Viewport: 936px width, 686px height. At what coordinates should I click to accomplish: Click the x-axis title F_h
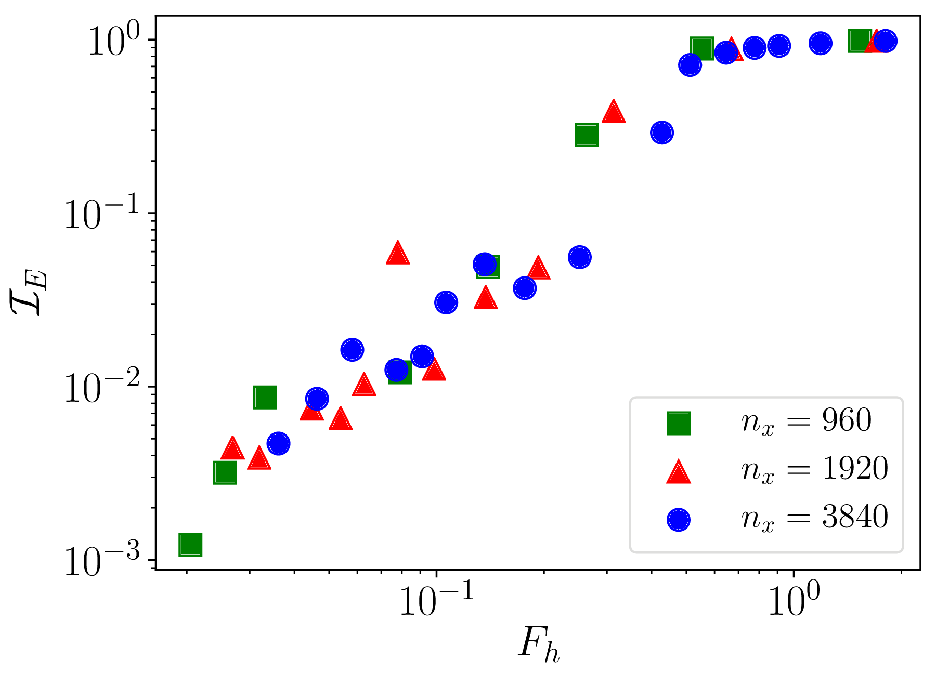(x=539, y=645)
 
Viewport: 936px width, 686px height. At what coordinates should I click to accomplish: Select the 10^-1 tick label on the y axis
(x=102, y=214)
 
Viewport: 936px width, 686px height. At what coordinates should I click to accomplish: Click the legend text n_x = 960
(x=806, y=421)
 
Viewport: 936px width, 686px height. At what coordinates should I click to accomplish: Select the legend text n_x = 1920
(x=814, y=469)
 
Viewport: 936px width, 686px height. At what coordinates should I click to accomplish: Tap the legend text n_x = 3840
(x=814, y=518)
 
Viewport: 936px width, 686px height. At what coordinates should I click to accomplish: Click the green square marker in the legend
(x=679, y=423)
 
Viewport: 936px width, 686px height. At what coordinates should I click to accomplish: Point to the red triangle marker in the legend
(x=679, y=472)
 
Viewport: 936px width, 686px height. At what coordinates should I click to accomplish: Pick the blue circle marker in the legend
(x=679, y=520)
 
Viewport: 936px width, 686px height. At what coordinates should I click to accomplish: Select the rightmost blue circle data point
(x=885, y=41)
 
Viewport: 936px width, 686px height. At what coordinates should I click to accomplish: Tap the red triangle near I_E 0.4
(x=614, y=112)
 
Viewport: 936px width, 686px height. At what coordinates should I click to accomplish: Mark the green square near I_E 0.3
(x=586, y=135)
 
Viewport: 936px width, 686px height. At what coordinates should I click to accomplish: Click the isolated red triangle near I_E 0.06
(x=398, y=253)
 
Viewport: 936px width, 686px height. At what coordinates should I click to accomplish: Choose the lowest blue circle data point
(x=279, y=443)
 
